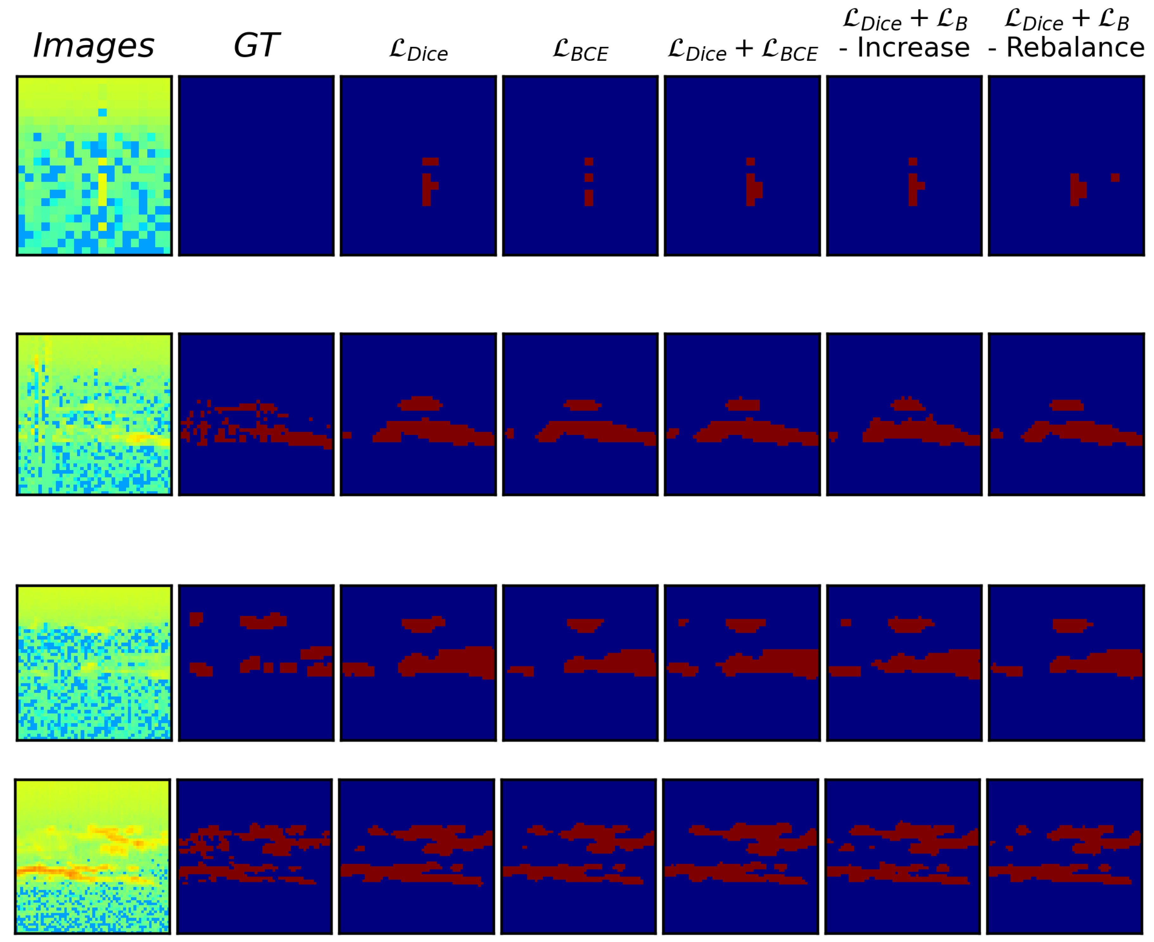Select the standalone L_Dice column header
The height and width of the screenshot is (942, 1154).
(419, 50)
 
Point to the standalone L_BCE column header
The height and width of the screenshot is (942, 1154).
(580, 50)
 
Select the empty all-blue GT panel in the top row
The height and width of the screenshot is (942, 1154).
(256, 166)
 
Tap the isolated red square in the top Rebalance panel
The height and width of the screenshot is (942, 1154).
(1115, 178)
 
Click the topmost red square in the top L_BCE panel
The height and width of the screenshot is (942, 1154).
(589, 162)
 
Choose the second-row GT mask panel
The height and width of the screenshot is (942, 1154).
(256, 414)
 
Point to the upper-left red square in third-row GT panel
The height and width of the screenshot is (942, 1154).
(196, 618)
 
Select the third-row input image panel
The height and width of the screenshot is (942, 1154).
(94, 663)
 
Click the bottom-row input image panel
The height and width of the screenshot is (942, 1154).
(92, 856)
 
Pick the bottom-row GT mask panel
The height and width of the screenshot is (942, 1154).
(255, 856)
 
